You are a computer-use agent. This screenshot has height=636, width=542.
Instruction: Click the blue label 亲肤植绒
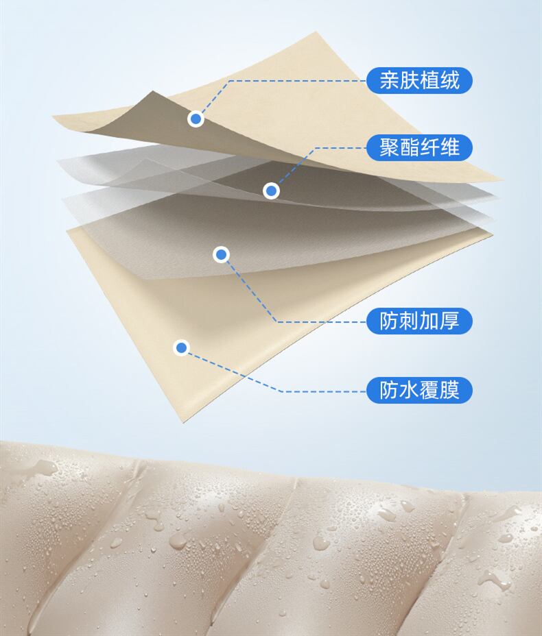click(x=419, y=80)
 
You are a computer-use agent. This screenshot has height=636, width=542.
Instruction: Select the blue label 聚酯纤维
click(x=419, y=147)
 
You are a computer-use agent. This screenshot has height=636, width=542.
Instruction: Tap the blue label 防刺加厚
click(x=419, y=321)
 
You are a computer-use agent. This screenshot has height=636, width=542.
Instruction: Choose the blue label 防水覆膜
click(x=419, y=391)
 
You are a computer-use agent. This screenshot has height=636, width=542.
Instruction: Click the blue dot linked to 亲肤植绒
click(x=196, y=119)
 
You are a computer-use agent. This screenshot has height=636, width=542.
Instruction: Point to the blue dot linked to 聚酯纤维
click(x=272, y=191)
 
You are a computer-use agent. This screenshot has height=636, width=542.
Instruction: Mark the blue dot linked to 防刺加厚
click(x=221, y=255)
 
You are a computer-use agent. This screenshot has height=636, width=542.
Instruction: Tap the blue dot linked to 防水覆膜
click(x=181, y=347)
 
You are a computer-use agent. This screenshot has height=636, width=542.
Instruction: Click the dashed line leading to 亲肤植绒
click(x=295, y=80)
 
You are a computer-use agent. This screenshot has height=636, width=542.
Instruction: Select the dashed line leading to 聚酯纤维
click(x=336, y=147)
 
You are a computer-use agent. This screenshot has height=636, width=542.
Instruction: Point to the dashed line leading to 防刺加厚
click(x=322, y=321)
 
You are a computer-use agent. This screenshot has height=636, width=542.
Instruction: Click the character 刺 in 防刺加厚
click(x=409, y=321)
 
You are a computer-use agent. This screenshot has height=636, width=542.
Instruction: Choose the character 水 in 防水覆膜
click(x=409, y=391)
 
